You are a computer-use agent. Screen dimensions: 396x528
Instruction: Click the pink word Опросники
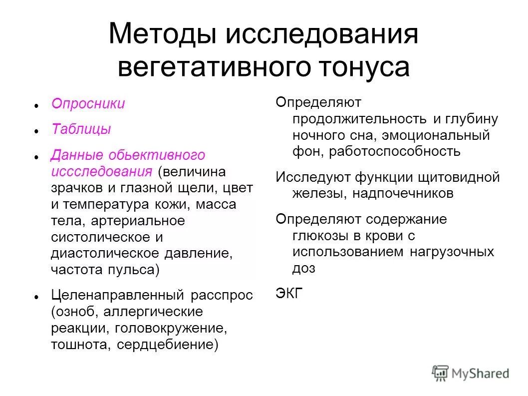pos(88,104)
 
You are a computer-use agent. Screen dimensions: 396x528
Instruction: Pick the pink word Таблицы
pos(81,129)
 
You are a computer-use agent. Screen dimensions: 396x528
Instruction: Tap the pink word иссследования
pos(101,172)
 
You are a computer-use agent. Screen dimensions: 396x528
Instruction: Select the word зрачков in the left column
pos(76,188)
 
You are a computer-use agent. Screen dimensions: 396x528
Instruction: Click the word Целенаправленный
pos(117,295)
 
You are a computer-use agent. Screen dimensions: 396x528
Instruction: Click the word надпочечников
pos(403,193)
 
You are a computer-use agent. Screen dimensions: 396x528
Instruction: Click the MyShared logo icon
pos(440,372)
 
